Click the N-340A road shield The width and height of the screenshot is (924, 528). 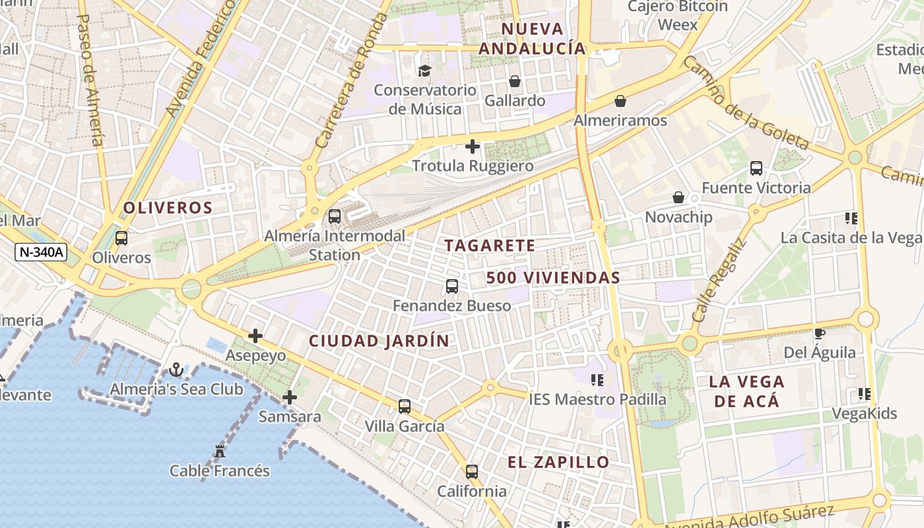[x=40, y=251]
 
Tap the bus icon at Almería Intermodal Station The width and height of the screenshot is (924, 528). [x=335, y=216]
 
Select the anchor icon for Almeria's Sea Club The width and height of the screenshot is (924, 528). [x=176, y=370]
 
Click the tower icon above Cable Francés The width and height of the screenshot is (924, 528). [x=220, y=452]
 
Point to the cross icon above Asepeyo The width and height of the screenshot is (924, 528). [x=255, y=336]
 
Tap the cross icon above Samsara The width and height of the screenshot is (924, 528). [x=289, y=397]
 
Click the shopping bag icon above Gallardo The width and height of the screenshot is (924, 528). [x=515, y=81]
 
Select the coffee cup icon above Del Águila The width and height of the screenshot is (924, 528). [x=820, y=334]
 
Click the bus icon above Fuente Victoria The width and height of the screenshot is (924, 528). [x=756, y=168]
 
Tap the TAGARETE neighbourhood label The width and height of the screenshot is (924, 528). [x=490, y=246]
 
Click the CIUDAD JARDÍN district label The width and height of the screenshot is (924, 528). [x=379, y=341]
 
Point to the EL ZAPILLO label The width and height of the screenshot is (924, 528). [x=558, y=462]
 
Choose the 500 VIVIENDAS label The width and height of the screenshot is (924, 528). [x=553, y=278]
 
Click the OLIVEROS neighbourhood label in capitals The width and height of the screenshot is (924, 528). [x=168, y=208]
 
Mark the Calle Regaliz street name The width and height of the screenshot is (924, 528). [x=719, y=280]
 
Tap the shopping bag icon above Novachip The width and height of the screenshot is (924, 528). [x=678, y=197]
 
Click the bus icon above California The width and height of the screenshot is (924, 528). [x=472, y=472]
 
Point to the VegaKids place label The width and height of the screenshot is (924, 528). [x=864, y=414]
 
